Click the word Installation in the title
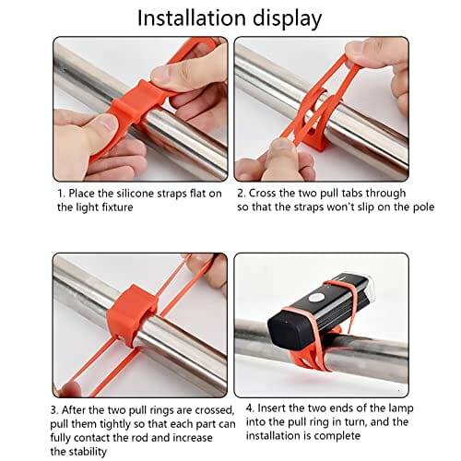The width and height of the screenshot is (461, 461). click(192, 18)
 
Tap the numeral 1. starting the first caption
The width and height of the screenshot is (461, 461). click(62, 194)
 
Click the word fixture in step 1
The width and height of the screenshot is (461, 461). click(117, 207)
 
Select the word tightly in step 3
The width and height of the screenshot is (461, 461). click(117, 424)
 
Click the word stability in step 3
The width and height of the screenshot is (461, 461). click(88, 452)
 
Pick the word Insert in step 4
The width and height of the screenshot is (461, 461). click(272, 408)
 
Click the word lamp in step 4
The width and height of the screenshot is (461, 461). click(401, 408)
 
